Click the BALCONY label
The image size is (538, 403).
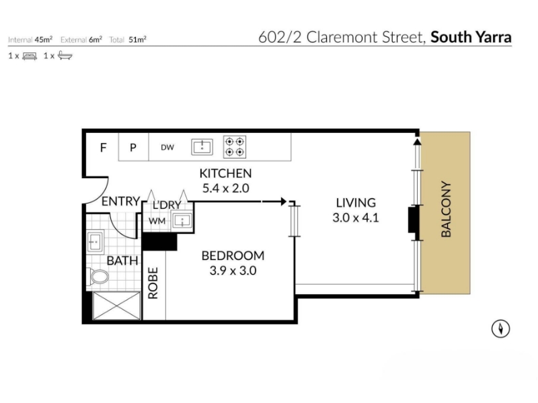tap(446, 209)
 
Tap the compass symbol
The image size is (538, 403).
tap(500, 329)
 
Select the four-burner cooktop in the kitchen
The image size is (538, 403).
tap(235, 146)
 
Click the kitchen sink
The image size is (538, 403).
tap(202, 147)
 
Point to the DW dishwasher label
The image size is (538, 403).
tap(167, 147)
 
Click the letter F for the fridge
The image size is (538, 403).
tap(104, 148)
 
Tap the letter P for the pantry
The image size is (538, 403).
tap(133, 148)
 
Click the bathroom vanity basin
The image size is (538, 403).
tap(95, 242)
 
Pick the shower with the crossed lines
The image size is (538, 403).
tap(116, 306)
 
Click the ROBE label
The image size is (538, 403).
tap(153, 283)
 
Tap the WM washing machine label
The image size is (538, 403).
tap(157, 221)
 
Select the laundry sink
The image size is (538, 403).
tap(182, 221)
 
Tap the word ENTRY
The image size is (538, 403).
tap(121, 201)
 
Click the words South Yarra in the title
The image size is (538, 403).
tap(471, 37)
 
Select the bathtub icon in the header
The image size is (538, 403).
tap(65, 56)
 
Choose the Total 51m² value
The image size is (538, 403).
tap(138, 40)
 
